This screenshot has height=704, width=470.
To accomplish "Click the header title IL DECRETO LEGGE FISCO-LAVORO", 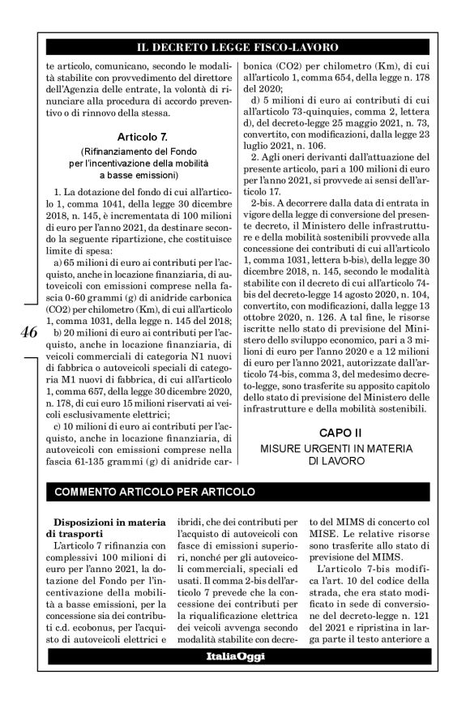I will pos(236,48).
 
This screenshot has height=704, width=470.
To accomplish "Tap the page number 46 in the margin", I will pos(27,333).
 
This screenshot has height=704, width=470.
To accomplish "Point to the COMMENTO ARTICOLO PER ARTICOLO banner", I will pos(154,492).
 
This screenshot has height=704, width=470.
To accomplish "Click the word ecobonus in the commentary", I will pos(91,627).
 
